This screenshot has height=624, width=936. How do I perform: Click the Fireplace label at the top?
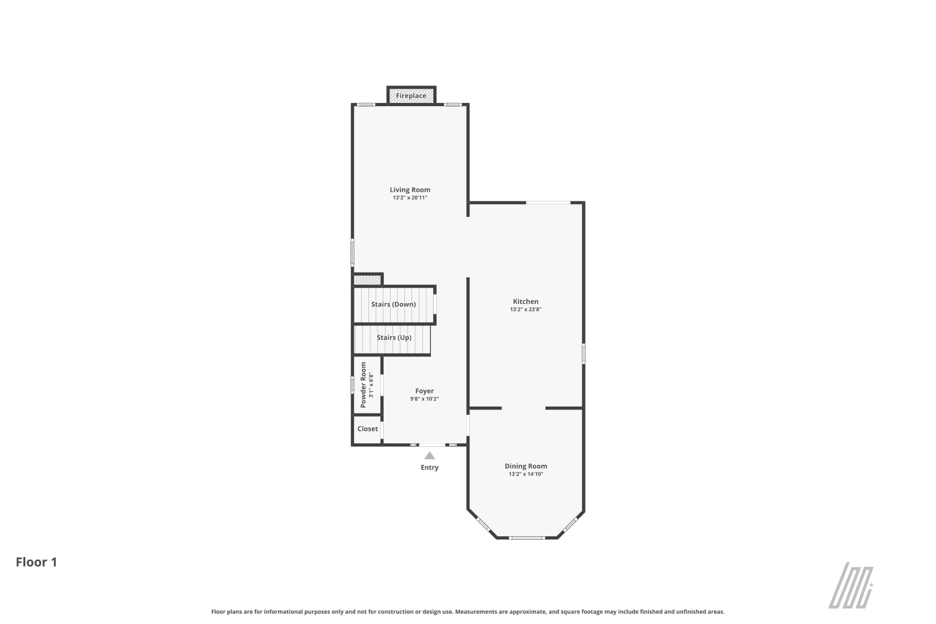[411, 96]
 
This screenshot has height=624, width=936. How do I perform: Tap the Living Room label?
[410, 190]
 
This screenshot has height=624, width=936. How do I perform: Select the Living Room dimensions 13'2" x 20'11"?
[410, 198]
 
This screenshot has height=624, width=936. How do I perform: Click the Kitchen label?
[525, 301]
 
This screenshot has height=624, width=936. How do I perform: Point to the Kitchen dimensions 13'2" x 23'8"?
[526, 310]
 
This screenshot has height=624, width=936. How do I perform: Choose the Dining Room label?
[526, 466]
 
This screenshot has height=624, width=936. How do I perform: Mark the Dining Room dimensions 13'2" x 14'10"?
[526, 474]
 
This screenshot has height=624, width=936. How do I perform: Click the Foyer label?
[424, 391]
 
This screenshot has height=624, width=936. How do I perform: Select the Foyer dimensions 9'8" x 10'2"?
[424, 399]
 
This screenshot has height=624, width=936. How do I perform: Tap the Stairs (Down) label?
[393, 305]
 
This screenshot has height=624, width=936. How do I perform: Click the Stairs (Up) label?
[394, 337]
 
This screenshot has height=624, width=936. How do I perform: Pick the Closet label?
[367, 429]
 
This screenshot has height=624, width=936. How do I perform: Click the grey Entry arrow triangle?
[429, 456]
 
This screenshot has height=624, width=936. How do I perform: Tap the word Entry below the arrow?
[429, 468]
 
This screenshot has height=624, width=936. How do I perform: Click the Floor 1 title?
[37, 562]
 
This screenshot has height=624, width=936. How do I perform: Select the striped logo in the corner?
[851, 585]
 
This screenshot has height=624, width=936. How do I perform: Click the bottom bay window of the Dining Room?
[526, 538]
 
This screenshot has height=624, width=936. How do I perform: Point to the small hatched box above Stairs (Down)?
[367, 280]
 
